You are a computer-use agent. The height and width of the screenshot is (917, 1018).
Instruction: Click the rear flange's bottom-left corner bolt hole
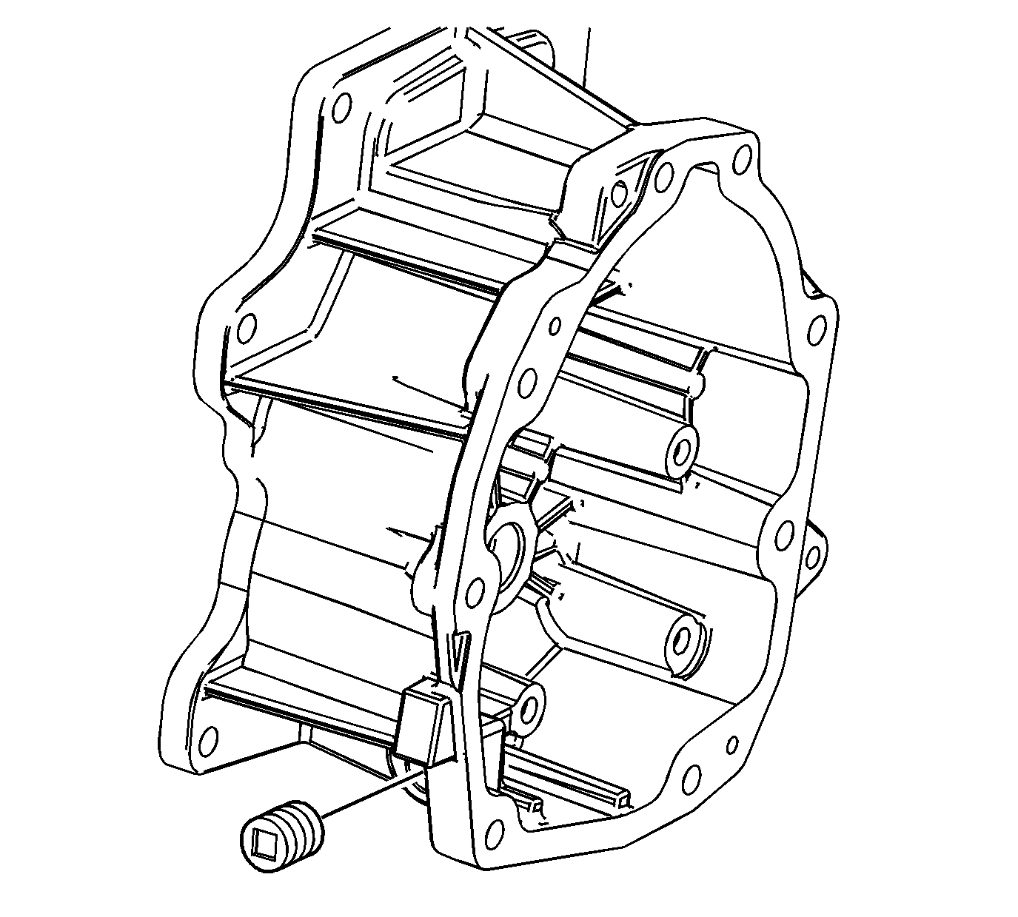click(x=210, y=739)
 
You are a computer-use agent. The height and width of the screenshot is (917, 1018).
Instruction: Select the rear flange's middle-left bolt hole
click(x=247, y=326)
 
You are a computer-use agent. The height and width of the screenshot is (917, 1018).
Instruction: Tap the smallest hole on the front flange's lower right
click(x=732, y=744)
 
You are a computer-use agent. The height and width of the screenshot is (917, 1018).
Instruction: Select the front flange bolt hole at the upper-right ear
click(x=817, y=326)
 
